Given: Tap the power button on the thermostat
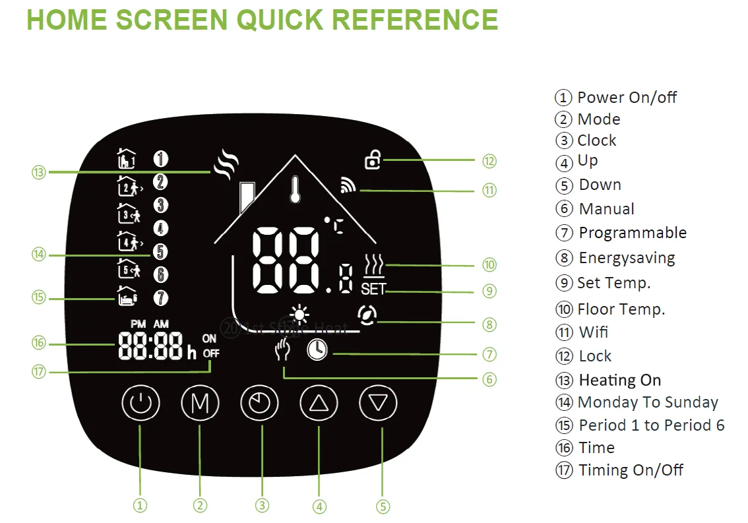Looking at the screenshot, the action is tap(140, 402).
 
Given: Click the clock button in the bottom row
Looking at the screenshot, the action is tap(262, 402).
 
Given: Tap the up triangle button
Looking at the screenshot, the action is tap(319, 402).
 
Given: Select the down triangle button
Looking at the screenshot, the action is tap(378, 402).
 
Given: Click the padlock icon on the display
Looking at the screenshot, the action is tap(373, 160).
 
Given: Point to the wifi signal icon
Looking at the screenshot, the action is tap(348, 186).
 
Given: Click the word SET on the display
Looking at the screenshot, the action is tap(373, 290).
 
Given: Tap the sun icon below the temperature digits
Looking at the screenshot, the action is tap(300, 315).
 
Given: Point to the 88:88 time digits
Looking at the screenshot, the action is tap(152, 346).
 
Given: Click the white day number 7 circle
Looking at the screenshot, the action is tap(161, 298).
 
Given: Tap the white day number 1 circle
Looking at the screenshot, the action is tap(161, 158).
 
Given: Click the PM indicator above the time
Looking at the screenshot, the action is tap(138, 324).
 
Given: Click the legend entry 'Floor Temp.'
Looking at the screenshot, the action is tap(621, 309).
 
